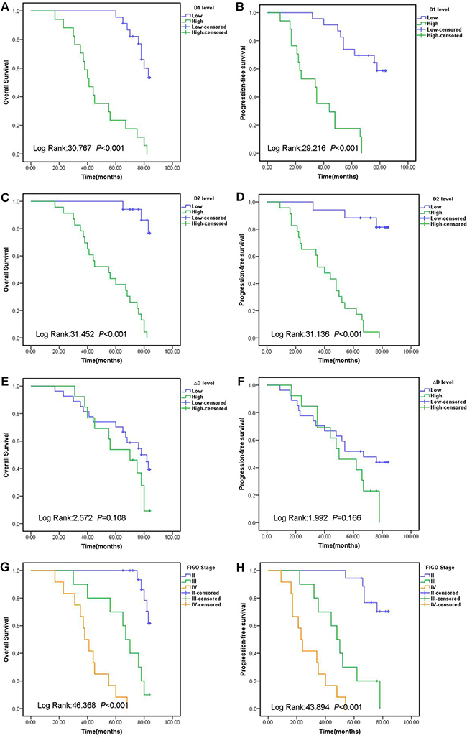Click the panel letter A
click(x=5, y=7)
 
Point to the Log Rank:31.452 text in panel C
click(x=63, y=333)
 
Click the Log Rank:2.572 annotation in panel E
click(x=61, y=517)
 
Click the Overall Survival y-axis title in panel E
click(x=7, y=454)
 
